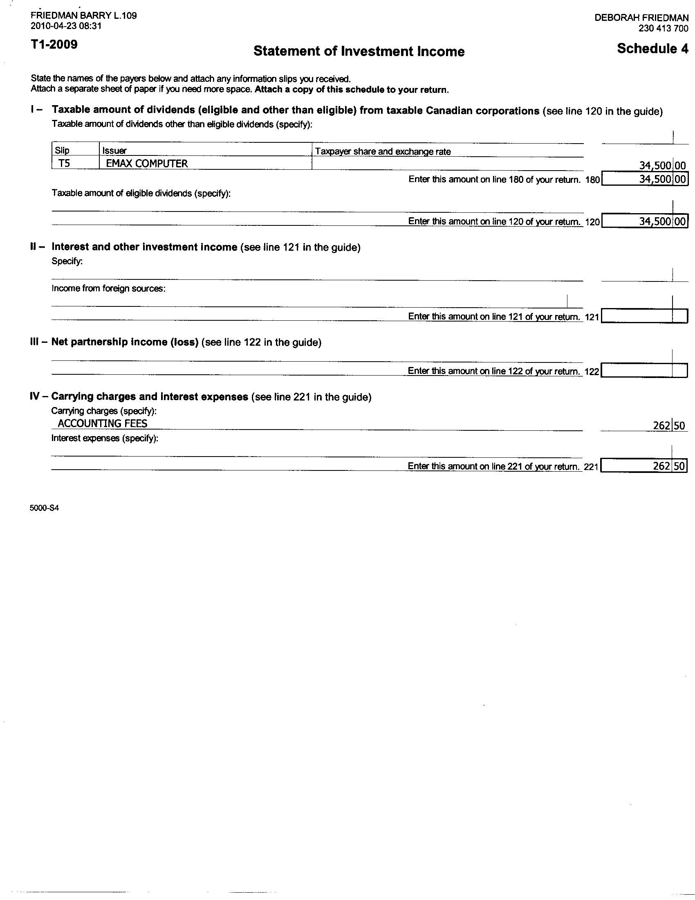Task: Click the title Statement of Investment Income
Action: (x=359, y=52)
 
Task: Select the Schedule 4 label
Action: (x=652, y=49)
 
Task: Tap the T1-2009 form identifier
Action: (x=54, y=45)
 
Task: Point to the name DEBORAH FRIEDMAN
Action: (x=641, y=18)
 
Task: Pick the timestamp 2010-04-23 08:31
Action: (x=66, y=26)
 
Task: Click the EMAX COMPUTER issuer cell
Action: (x=147, y=164)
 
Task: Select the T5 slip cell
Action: (x=64, y=164)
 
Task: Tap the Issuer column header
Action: (x=114, y=151)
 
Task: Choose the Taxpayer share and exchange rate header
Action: (x=383, y=151)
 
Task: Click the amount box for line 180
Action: (x=644, y=180)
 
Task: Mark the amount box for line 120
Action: (x=644, y=222)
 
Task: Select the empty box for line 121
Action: (x=644, y=317)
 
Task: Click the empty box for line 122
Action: (x=644, y=371)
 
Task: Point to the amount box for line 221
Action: (x=644, y=466)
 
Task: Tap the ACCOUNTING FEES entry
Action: (x=103, y=424)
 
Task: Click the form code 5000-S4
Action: (x=44, y=508)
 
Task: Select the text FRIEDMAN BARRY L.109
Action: (x=83, y=16)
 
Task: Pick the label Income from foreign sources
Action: (x=108, y=288)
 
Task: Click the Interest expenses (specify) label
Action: (x=105, y=438)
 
